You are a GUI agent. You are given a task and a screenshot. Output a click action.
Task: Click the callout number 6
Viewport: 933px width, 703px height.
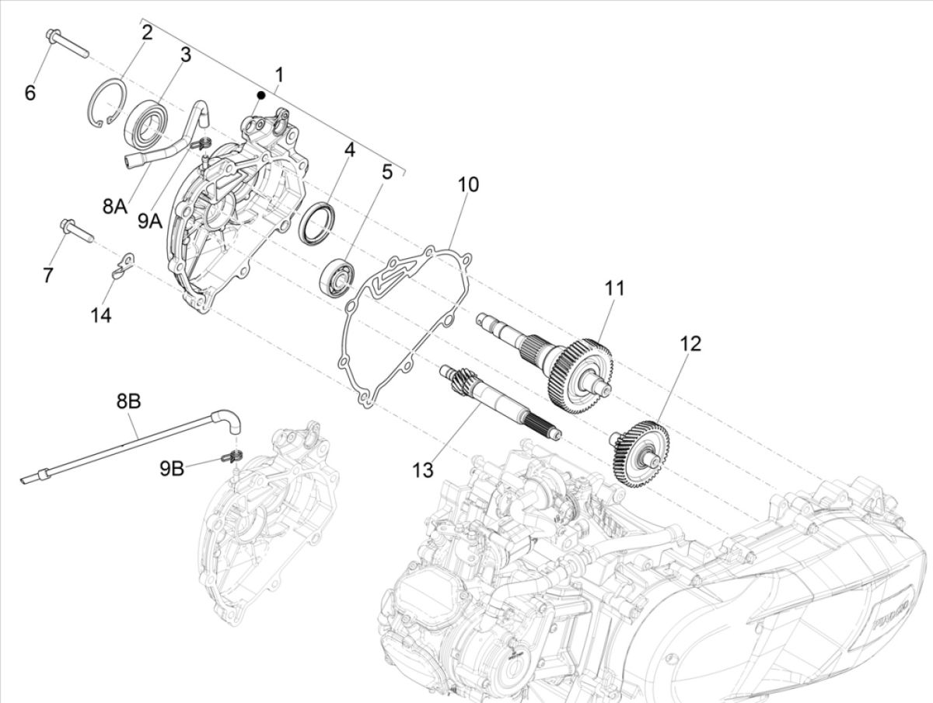30,93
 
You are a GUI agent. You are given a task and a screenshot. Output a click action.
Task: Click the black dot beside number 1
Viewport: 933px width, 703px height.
262,95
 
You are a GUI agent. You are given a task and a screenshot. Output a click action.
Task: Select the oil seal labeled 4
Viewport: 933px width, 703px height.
318,221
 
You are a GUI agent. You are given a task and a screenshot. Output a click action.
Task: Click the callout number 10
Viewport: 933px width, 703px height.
468,185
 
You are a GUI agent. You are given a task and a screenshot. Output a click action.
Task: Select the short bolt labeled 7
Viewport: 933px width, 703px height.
76,231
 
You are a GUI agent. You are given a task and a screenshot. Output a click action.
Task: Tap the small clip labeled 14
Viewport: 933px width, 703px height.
121,264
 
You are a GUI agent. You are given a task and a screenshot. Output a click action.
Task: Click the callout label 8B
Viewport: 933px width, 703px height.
129,403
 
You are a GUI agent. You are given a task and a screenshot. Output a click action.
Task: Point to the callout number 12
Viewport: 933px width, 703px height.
690,343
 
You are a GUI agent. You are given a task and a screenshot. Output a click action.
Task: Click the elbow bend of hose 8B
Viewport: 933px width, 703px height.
230,419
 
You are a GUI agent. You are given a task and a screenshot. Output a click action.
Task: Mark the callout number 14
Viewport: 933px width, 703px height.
100,315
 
